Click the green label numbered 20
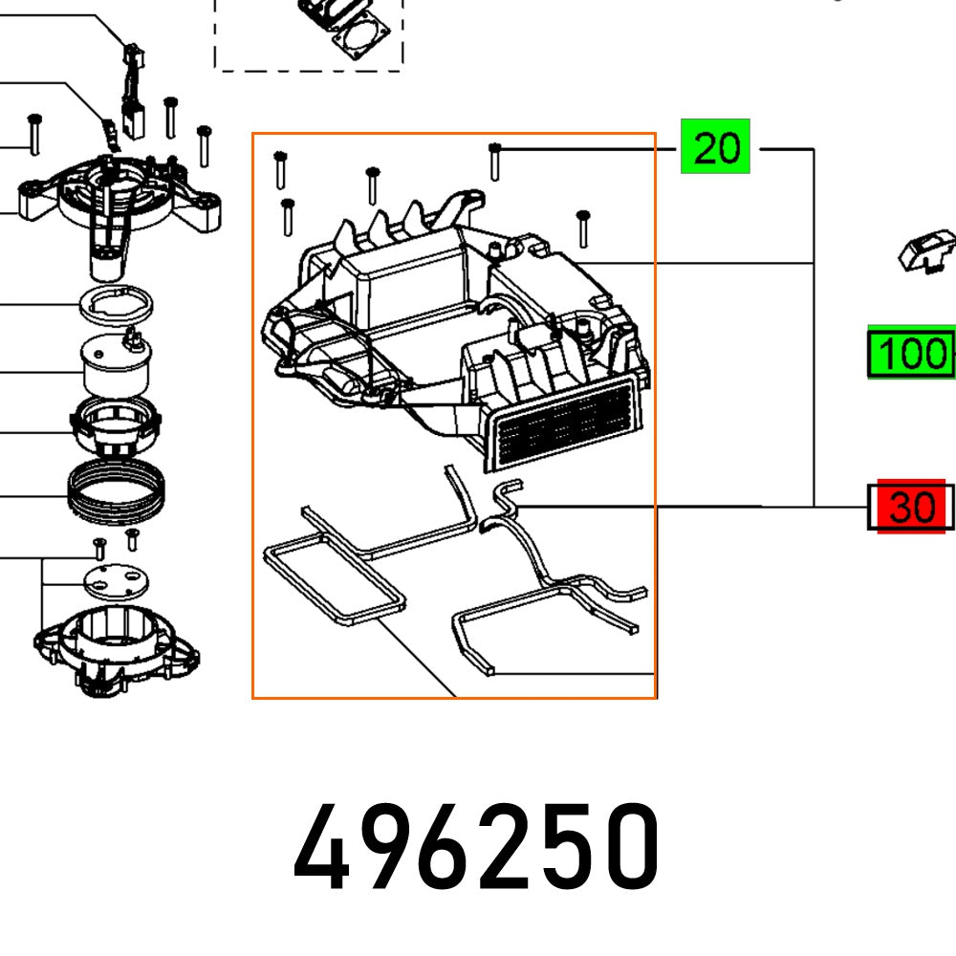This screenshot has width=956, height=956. [x=715, y=147]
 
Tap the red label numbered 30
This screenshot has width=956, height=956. [x=910, y=507]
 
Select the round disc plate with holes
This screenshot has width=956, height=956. [x=117, y=578]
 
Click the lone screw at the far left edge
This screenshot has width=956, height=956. [x=33, y=134]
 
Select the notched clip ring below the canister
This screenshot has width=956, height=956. [x=115, y=425]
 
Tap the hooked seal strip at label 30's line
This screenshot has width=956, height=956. [x=507, y=497]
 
